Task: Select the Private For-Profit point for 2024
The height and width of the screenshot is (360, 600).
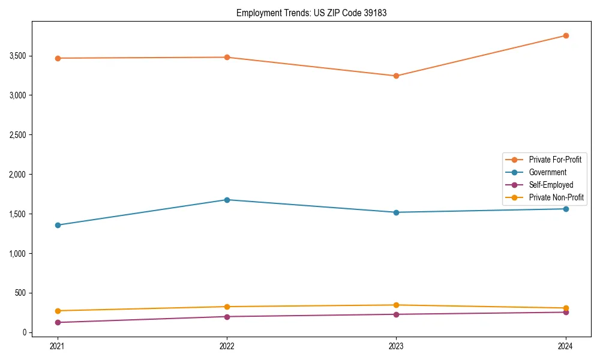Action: (566, 35)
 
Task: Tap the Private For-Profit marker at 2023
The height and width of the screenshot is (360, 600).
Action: (396, 76)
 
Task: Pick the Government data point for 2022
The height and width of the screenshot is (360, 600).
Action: (227, 200)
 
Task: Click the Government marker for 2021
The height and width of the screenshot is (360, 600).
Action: (58, 225)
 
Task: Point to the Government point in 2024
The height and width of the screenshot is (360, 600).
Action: (566, 209)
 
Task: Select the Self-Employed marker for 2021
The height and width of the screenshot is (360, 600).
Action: (58, 322)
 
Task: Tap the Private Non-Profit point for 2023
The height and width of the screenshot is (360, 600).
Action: (396, 305)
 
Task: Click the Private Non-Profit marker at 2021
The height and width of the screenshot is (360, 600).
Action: (58, 311)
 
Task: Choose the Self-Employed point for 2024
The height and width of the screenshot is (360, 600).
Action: (566, 312)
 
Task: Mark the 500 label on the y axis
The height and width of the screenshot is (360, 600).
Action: (21, 293)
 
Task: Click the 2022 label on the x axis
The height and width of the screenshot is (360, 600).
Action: (227, 346)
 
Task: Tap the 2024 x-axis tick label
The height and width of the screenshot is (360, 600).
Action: (566, 346)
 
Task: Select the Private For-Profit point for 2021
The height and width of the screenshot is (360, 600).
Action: (58, 58)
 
